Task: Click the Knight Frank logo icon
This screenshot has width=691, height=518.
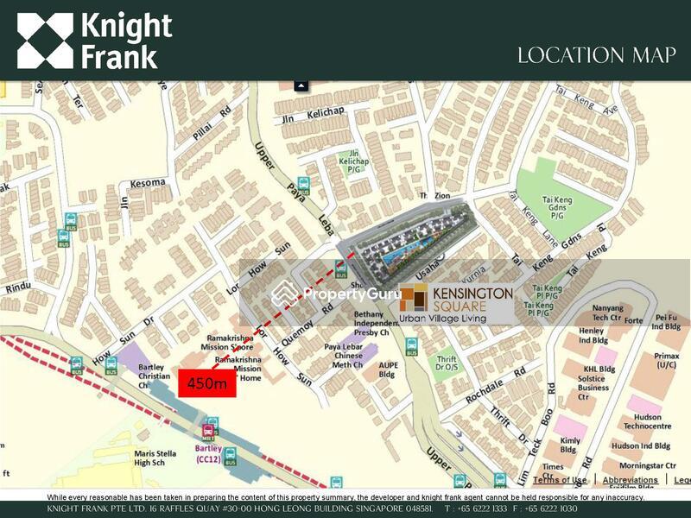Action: pos(45,41)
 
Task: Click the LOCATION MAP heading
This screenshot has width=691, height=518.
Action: pos(595,55)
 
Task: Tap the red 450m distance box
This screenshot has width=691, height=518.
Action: pos(207,383)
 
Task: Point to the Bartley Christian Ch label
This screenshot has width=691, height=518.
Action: pos(139,372)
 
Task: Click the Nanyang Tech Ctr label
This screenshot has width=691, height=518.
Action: pos(613,313)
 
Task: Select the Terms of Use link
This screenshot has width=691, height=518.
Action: pos(560,480)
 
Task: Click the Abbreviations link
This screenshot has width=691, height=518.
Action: pos(630,480)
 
